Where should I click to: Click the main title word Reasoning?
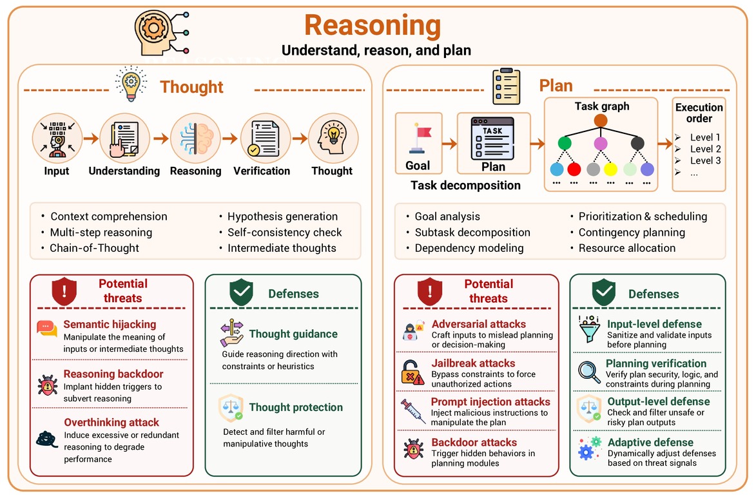pos(373,26)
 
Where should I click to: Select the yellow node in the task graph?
pos(610,169)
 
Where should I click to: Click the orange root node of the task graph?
pos(601,120)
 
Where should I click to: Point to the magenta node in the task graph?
pos(601,143)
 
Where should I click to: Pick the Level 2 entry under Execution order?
pos(705,149)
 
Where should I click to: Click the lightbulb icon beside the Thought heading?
pos(131,83)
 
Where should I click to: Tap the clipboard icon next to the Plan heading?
pos(506,86)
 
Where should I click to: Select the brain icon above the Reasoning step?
pos(195,139)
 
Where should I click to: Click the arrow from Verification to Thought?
pos(300,139)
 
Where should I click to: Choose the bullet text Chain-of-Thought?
pos(95,248)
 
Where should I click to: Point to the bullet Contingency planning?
pos(632,233)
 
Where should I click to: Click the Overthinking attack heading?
pos(111,423)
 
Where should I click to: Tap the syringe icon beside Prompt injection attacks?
pos(413,411)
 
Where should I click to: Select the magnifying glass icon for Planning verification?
pos(589,372)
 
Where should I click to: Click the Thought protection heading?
pos(296,407)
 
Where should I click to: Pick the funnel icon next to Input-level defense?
pos(589,329)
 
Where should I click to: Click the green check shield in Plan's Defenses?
pos(604,292)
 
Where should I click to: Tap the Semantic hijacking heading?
pos(110,325)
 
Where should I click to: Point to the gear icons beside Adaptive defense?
pos(590,448)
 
